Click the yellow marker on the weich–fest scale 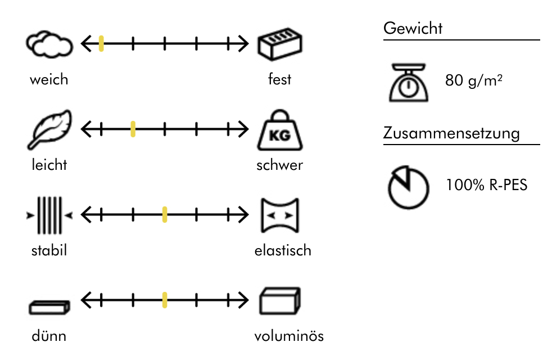(x=101, y=43)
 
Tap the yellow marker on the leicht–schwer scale (x=133, y=129)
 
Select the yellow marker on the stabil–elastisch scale (x=165, y=214)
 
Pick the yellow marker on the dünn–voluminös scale (x=165, y=300)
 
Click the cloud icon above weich (x=49, y=45)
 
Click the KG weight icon (x=279, y=132)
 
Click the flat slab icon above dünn (x=49, y=307)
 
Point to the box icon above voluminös (x=279, y=301)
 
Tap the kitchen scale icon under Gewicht (x=409, y=83)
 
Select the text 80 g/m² (x=473, y=80)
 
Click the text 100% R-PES (x=487, y=184)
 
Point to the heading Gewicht (x=413, y=28)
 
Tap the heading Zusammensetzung (x=451, y=134)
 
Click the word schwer (x=279, y=165)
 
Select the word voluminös (x=289, y=336)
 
